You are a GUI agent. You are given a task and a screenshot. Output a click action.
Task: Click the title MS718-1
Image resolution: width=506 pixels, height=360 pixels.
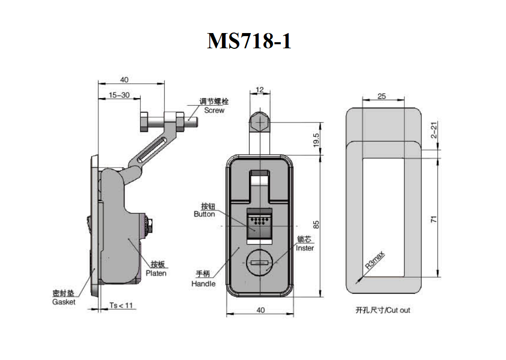(249, 41)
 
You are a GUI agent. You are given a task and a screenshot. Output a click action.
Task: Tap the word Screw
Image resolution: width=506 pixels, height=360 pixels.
(214, 110)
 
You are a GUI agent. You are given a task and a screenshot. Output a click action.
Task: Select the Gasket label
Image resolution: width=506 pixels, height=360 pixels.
(64, 302)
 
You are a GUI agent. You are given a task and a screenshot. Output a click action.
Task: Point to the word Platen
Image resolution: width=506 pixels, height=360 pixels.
(156, 273)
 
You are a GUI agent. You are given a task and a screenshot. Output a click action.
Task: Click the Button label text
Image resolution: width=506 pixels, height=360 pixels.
(204, 214)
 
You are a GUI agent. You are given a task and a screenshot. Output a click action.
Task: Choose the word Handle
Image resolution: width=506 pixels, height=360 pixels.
(203, 284)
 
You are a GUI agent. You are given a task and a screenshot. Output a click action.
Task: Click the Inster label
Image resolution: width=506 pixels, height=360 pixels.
(305, 248)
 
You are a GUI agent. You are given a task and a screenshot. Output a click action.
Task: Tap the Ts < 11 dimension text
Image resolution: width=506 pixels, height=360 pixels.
(121, 305)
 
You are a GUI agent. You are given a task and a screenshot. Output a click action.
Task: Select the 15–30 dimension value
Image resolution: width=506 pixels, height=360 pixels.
(119, 95)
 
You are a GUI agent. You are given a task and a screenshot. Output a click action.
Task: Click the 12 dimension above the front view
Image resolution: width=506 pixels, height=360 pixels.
(260, 90)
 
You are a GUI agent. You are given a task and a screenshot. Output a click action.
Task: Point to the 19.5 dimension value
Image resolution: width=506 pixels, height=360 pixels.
(316, 140)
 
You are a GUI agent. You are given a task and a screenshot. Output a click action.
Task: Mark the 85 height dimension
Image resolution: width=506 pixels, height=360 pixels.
(316, 225)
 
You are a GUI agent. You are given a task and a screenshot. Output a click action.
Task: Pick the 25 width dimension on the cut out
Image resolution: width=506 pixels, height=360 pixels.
(382, 96)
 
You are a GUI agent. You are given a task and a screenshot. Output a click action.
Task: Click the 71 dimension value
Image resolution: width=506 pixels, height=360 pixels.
(434, 219)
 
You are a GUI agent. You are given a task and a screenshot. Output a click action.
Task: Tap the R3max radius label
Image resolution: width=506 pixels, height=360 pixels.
(374, 260)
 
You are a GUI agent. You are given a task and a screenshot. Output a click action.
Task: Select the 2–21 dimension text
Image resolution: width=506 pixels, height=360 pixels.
(434, 130)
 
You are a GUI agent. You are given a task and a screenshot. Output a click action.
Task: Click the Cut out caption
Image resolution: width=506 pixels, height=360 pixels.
(383, 310)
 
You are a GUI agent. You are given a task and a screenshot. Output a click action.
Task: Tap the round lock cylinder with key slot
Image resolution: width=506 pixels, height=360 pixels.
(260, 263)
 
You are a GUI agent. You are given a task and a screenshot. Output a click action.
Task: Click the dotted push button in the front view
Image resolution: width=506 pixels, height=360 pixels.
(260, 226)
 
